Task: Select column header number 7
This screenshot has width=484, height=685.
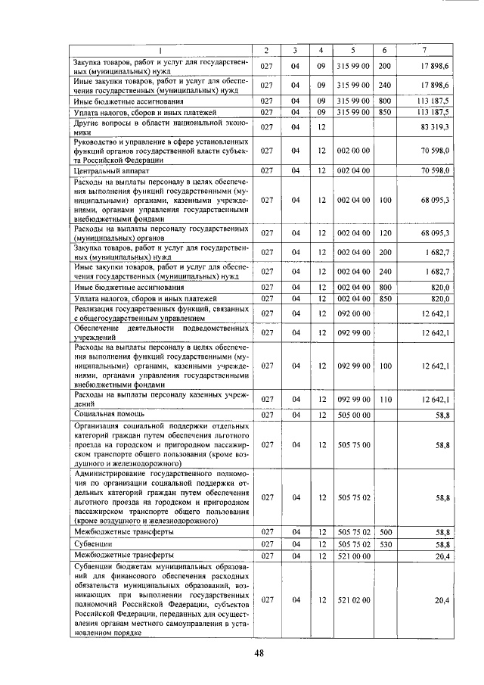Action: click(x=424, y=50)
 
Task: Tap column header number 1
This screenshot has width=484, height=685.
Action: click(x=160, y=50)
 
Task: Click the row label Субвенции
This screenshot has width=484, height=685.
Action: click(x=93, y=543)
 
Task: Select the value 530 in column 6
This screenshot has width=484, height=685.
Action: click(x=385, y=544)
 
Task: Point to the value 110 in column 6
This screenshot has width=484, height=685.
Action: click(x=385, y=399)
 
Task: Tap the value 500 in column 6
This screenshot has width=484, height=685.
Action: click(x=385, y=532)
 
